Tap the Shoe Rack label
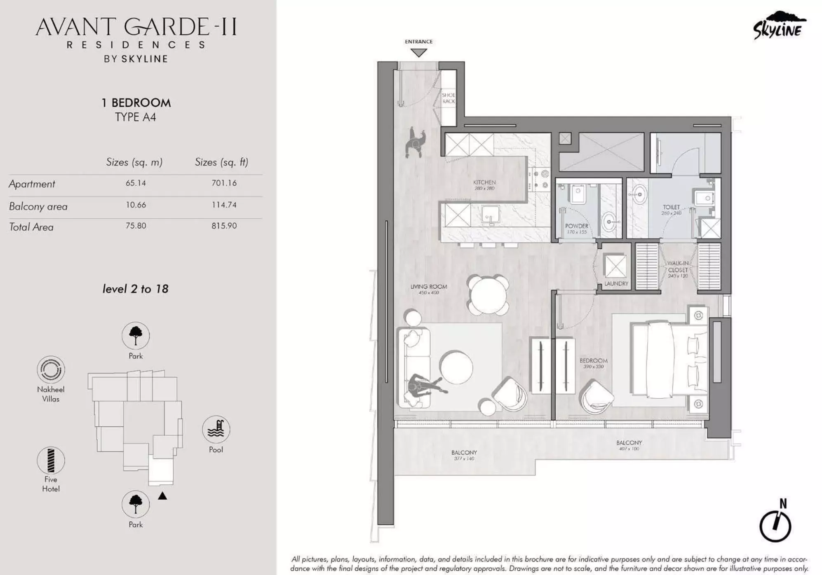pyautogui.click(x=449, y=98)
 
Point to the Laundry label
pyautogui.click(x=616, y=284)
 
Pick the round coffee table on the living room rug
pyautogui.click(x=456, y=367)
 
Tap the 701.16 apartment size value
pyautogui.click(x=224, y=183)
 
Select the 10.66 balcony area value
pyautogui.click(x=136, y=205)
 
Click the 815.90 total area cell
pyautogui.click(x=224, y=226)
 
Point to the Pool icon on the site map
pyautogui.click(x=216, y=429)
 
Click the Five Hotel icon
pyautogui.click(x=51, y=460)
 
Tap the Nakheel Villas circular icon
pyautogui.click(x=51, y=369)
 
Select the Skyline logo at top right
pyautogui.click(x=778, y=26)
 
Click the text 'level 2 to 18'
pyautogui.click(x=135, y=289)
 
